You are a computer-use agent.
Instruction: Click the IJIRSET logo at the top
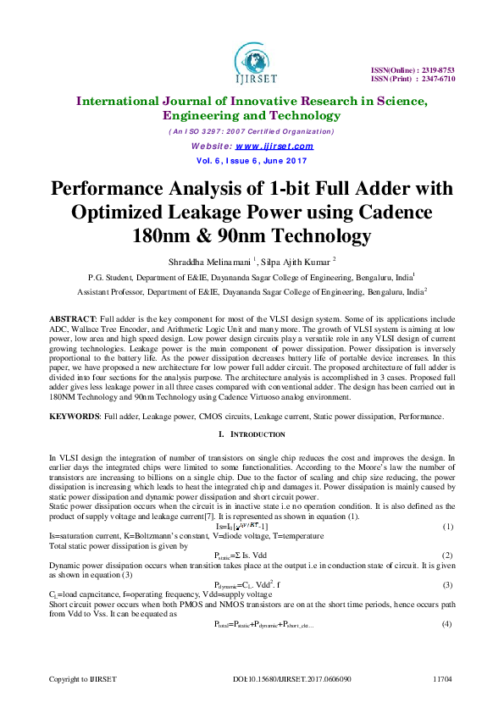pyautogui.click(x=252, y=61)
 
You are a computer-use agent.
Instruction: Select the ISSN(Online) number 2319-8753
pyautogui.click(x=438, y=69)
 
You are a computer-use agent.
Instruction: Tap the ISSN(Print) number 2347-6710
pyautogui.click(x=438, y=78)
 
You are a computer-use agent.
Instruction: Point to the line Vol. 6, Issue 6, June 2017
pyautogui.click(x=252, y=159)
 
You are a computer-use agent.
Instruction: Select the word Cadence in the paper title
pyautogui.click(x=394, y=211)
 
